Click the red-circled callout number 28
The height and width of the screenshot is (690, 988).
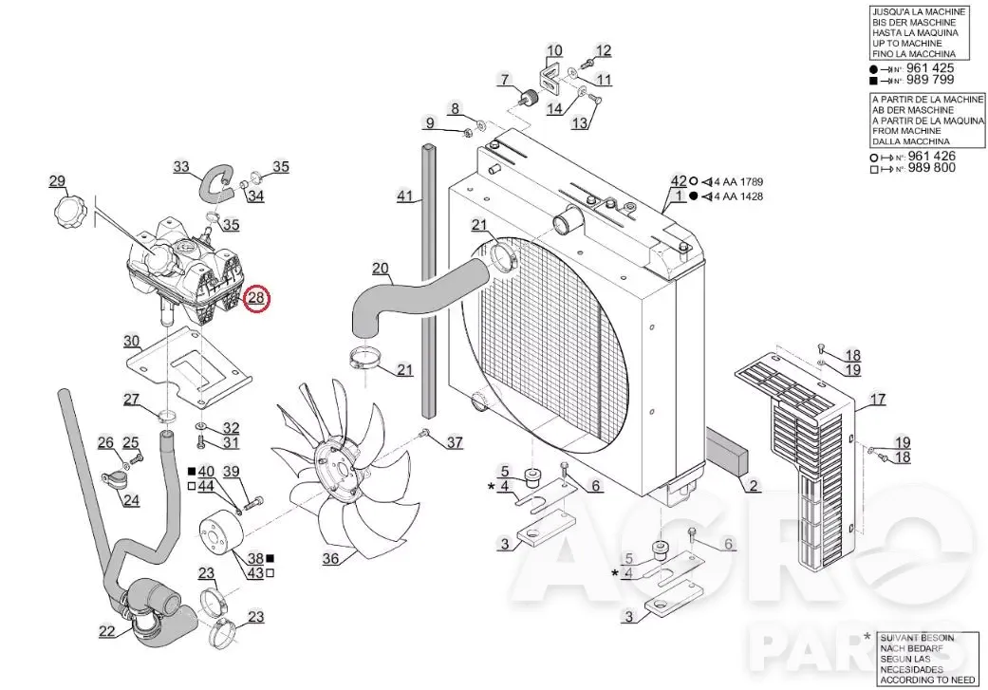(256, 297)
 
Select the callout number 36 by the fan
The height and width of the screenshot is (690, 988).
(331, 558)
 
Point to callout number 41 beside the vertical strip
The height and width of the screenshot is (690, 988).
(404, 196)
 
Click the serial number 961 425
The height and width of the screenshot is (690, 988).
(930, 68)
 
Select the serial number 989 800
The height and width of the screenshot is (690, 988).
(931, 168)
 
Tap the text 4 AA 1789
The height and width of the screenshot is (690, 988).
(738, 182)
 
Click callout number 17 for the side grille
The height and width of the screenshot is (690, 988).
(878, 399)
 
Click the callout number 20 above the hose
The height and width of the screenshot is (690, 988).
(380, 269)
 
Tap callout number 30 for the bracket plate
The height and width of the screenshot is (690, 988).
(131, 342)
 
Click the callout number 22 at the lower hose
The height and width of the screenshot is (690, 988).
(107, 631)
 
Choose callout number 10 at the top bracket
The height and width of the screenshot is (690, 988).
(554, 50)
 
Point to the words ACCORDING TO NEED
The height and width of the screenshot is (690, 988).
(927, 680)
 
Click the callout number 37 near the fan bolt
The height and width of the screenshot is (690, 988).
(455, 442)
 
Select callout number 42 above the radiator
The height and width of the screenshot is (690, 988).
(678, 181)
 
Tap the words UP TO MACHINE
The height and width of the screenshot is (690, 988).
(906, 44)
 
